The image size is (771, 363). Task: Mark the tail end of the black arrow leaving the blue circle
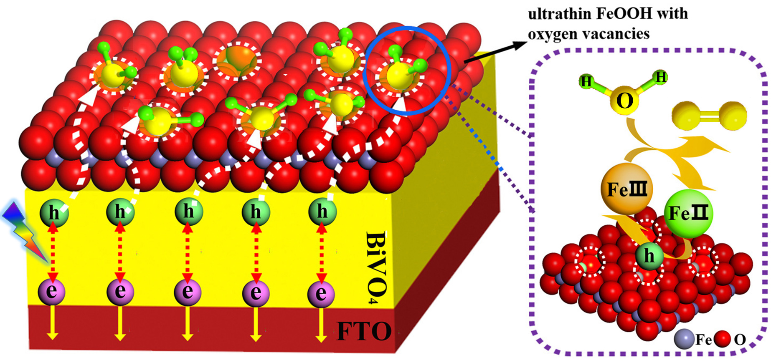tap(464, 63)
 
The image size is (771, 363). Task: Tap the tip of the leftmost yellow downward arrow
tap(52, 340)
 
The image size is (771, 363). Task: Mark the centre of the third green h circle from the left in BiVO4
tap(188, 212)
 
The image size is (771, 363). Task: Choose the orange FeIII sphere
tap(626, 189)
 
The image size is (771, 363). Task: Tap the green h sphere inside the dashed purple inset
tap(649, 256)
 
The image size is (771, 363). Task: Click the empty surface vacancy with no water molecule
tap(237, 60)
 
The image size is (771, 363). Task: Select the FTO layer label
tap(364, 332)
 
